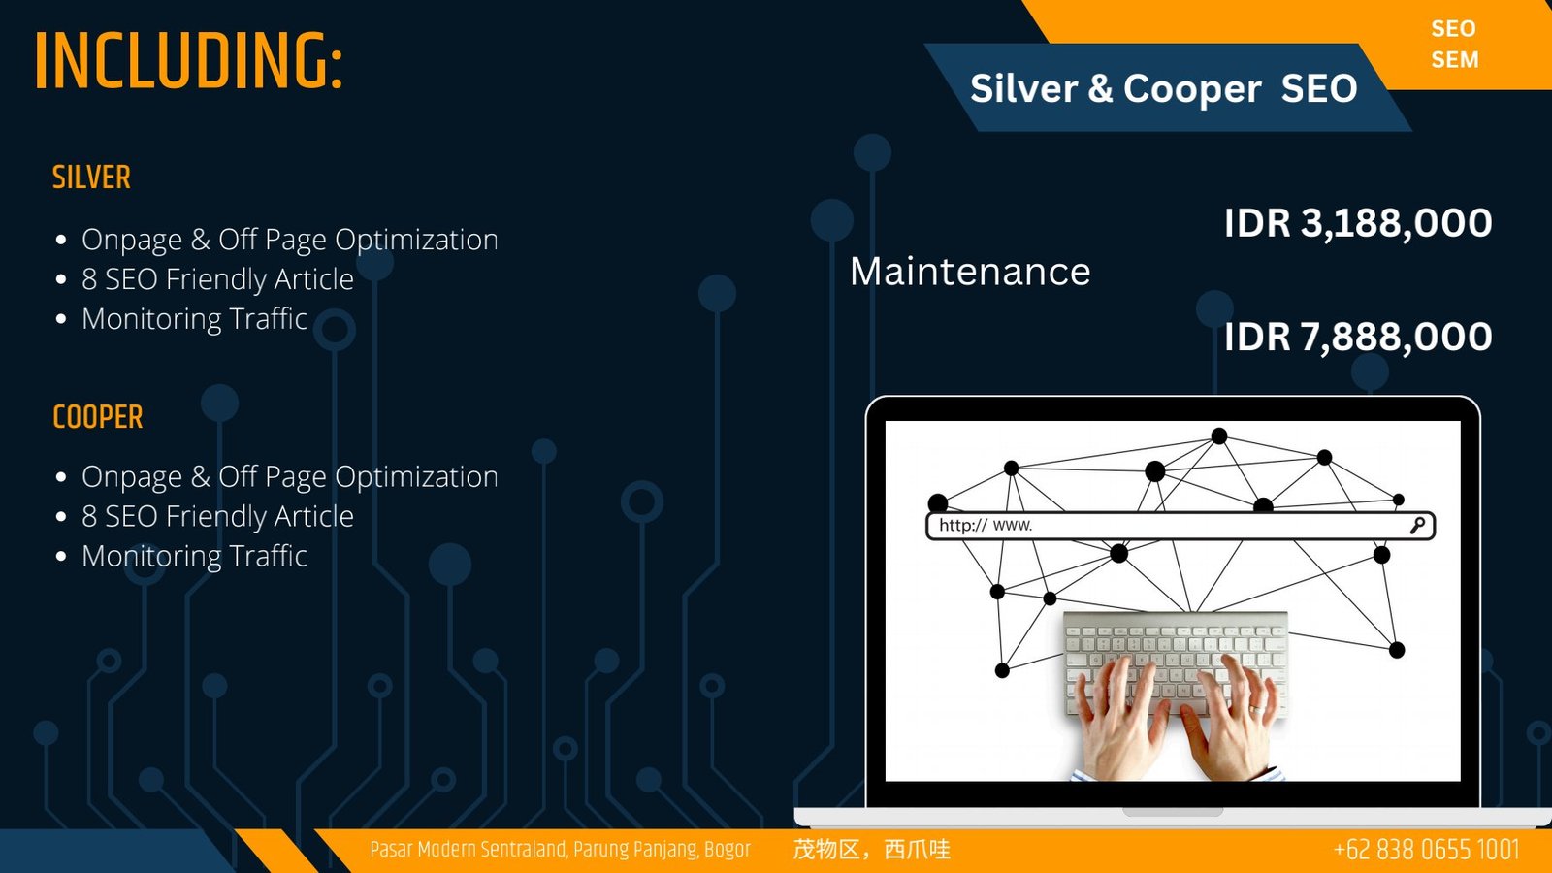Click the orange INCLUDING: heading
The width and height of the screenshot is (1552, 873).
pyautogui.click(x=188, y=61)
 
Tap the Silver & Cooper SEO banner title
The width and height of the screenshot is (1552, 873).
pyautogui.click(x=1163, y=88)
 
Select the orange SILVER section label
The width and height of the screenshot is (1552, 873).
pyautogui.click(x=91, y=178)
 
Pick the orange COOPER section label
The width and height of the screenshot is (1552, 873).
pyautogui.click(x=98, y=417)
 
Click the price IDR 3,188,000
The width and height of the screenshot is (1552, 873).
pyautogui.click(x=1358, y=223)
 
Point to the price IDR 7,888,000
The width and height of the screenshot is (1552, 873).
pyautogui.click(x=1358, y=337)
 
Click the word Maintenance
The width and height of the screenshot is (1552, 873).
pyautogui.click(x=970, y=271)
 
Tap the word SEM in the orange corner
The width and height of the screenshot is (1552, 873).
pyautogui.click(x=1455, y=59)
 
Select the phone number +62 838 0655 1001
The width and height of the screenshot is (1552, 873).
pyautogui.click(x=1427, y=850)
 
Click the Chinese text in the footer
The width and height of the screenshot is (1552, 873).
pyautogui.click(x=872, y=850)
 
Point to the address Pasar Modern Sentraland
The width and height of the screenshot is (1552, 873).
pyautogui.click(x=469, y=850)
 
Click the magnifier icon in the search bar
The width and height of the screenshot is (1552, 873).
pyautogui.click(x=1417, y=526)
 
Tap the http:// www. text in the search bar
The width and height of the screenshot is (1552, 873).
pyautogui.click(x=986, y=525)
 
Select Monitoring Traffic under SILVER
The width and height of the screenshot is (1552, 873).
pyautogui.click(x=195, y=319)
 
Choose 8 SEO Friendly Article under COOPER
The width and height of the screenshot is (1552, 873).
pyautogui.click(x=217, y=517)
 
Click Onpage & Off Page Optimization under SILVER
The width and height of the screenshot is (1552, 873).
pyautogui.click(x=290, y=240)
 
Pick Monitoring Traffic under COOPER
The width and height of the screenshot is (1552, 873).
pyautogui.click(x=195, y=557)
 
